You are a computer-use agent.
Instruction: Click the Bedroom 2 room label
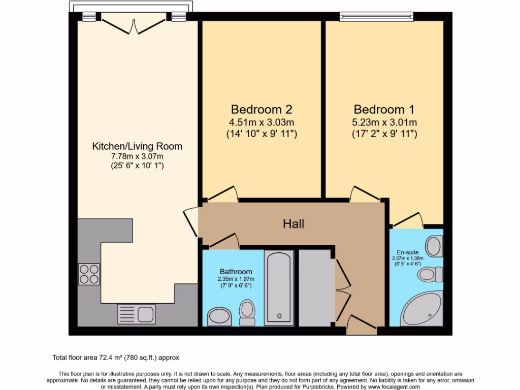click(262, 109)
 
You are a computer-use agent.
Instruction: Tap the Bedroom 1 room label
click(384, 109)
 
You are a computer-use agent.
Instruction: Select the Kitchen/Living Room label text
click(137, 146)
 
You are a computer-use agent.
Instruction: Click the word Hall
click(294, 223)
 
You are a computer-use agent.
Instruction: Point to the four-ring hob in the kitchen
click(89, 274)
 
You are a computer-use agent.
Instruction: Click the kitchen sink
click(137, 313)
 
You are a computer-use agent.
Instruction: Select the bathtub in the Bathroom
click(279, 287)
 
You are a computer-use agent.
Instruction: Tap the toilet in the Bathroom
click(247, 312)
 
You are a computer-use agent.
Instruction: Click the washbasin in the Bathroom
click(219, 317)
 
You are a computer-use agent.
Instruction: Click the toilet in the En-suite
click(430, 275)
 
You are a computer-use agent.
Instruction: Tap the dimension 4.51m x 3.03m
click(262, 122)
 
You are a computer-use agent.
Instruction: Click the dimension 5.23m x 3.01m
click(384, 122)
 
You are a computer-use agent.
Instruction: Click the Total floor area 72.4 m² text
click(116, 357)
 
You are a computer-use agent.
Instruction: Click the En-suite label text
click(408, 251)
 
